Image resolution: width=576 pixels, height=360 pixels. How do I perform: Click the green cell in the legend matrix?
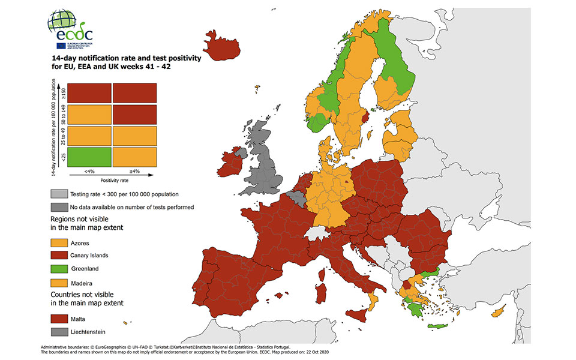(x=89, y=157)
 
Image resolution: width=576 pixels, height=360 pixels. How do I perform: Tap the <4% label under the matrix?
(x=88, y=172)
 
